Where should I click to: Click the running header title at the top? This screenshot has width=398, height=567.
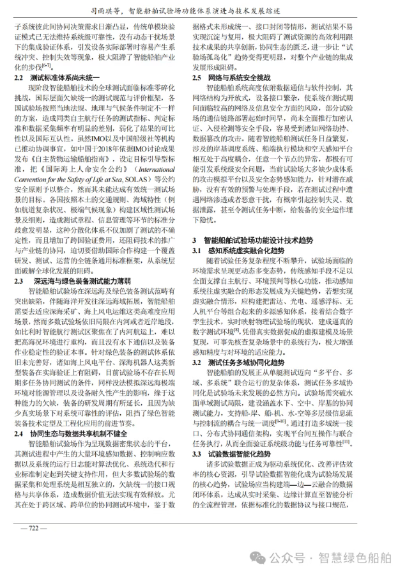pyautogui.click(x=199, y=10)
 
